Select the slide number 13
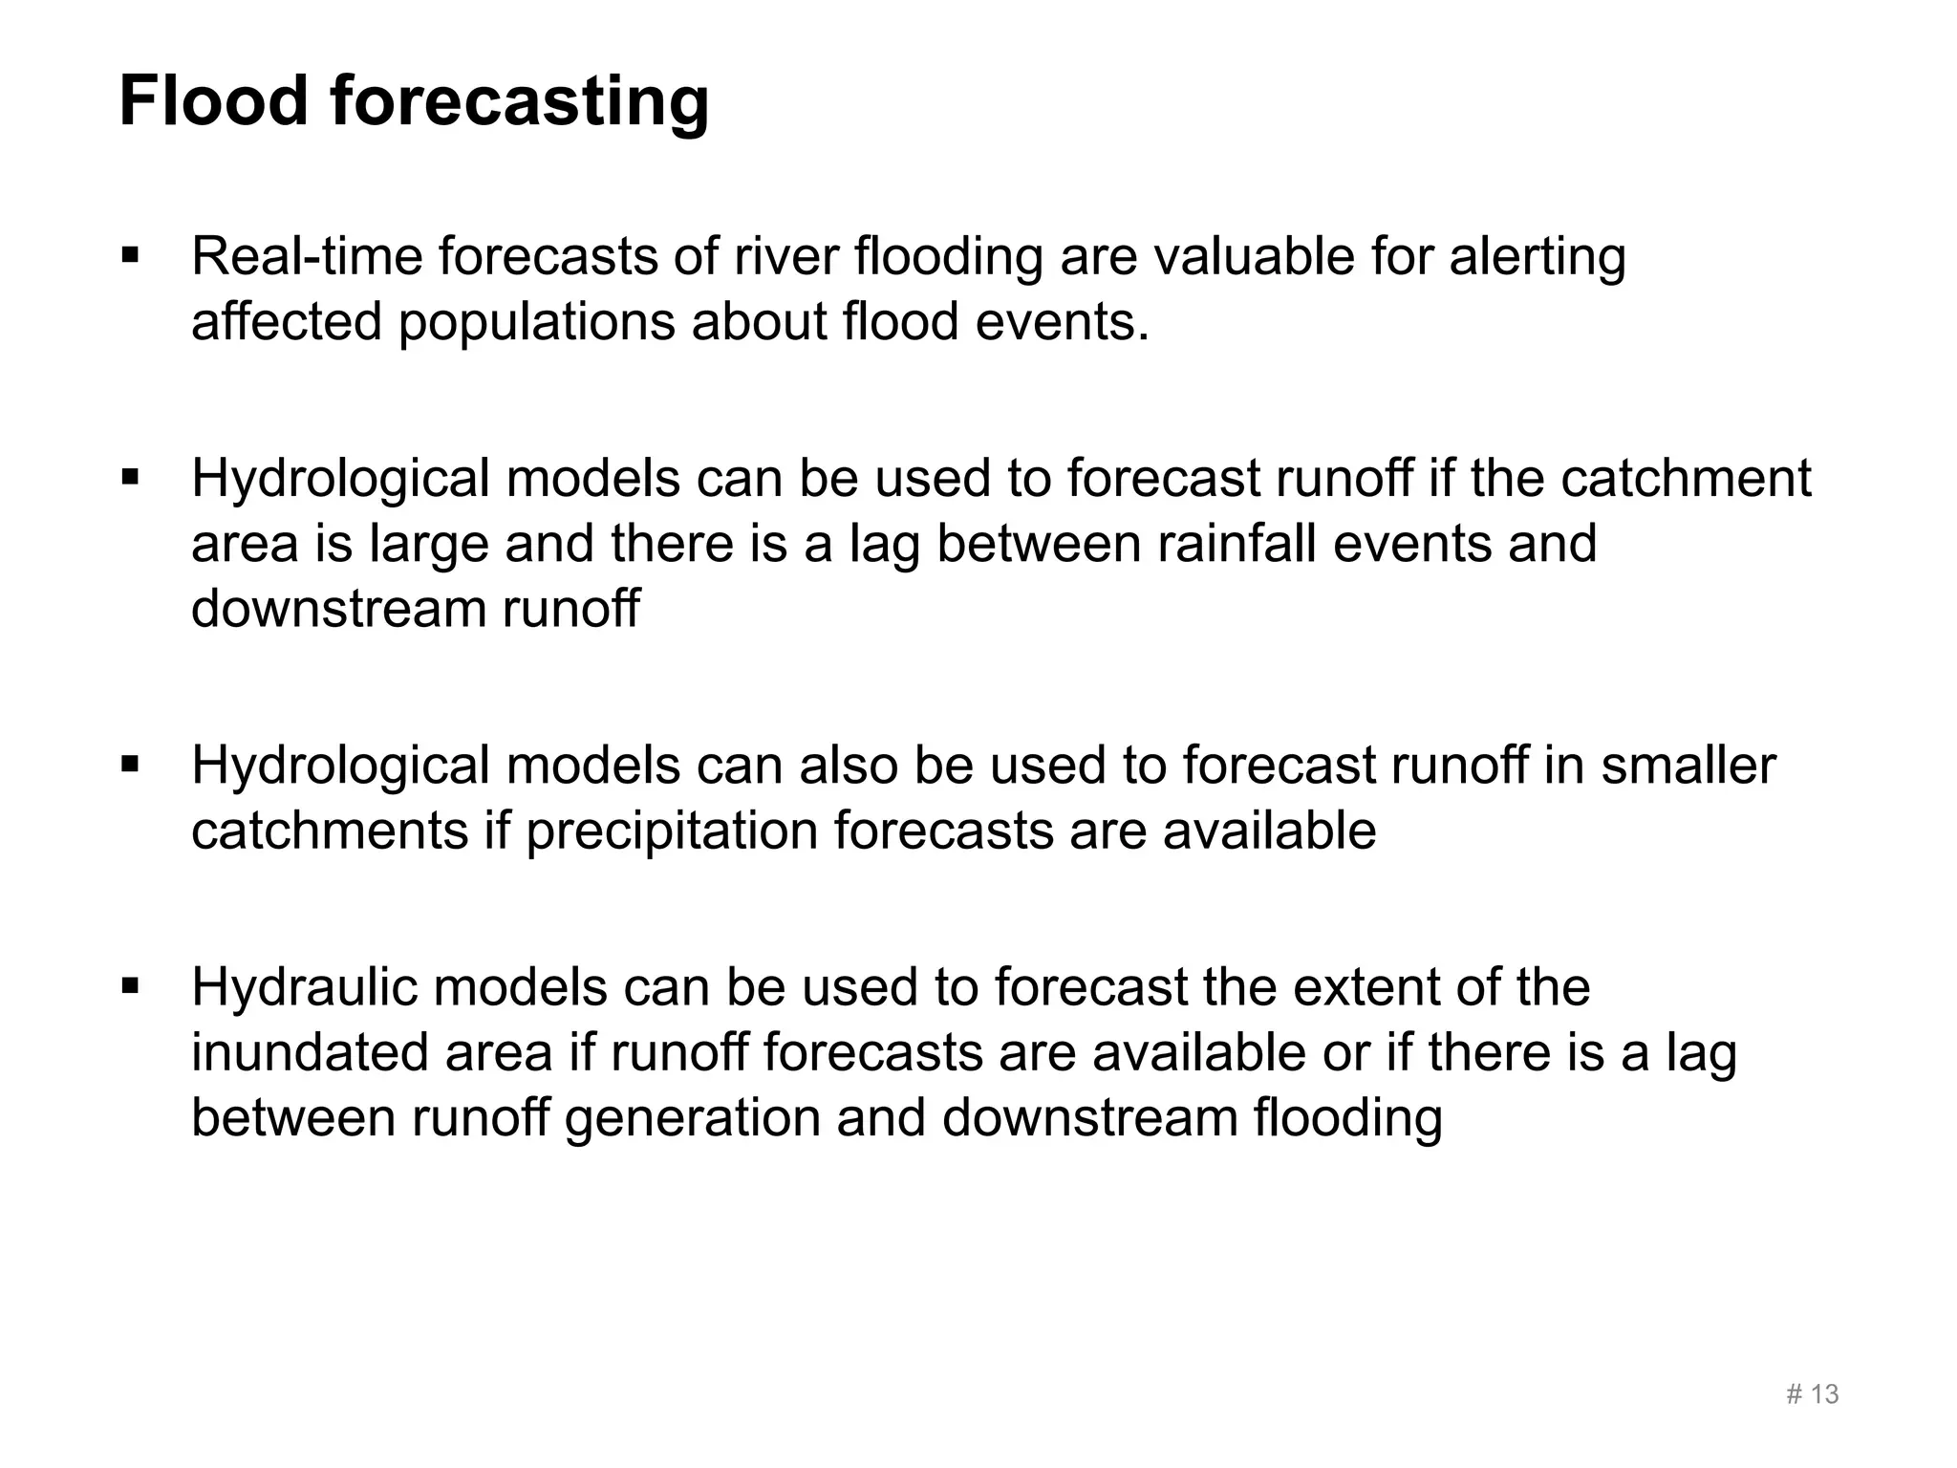[x=1823, y=1394]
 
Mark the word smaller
[x=1688, y=765]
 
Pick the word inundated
[x=311, y=1052]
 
